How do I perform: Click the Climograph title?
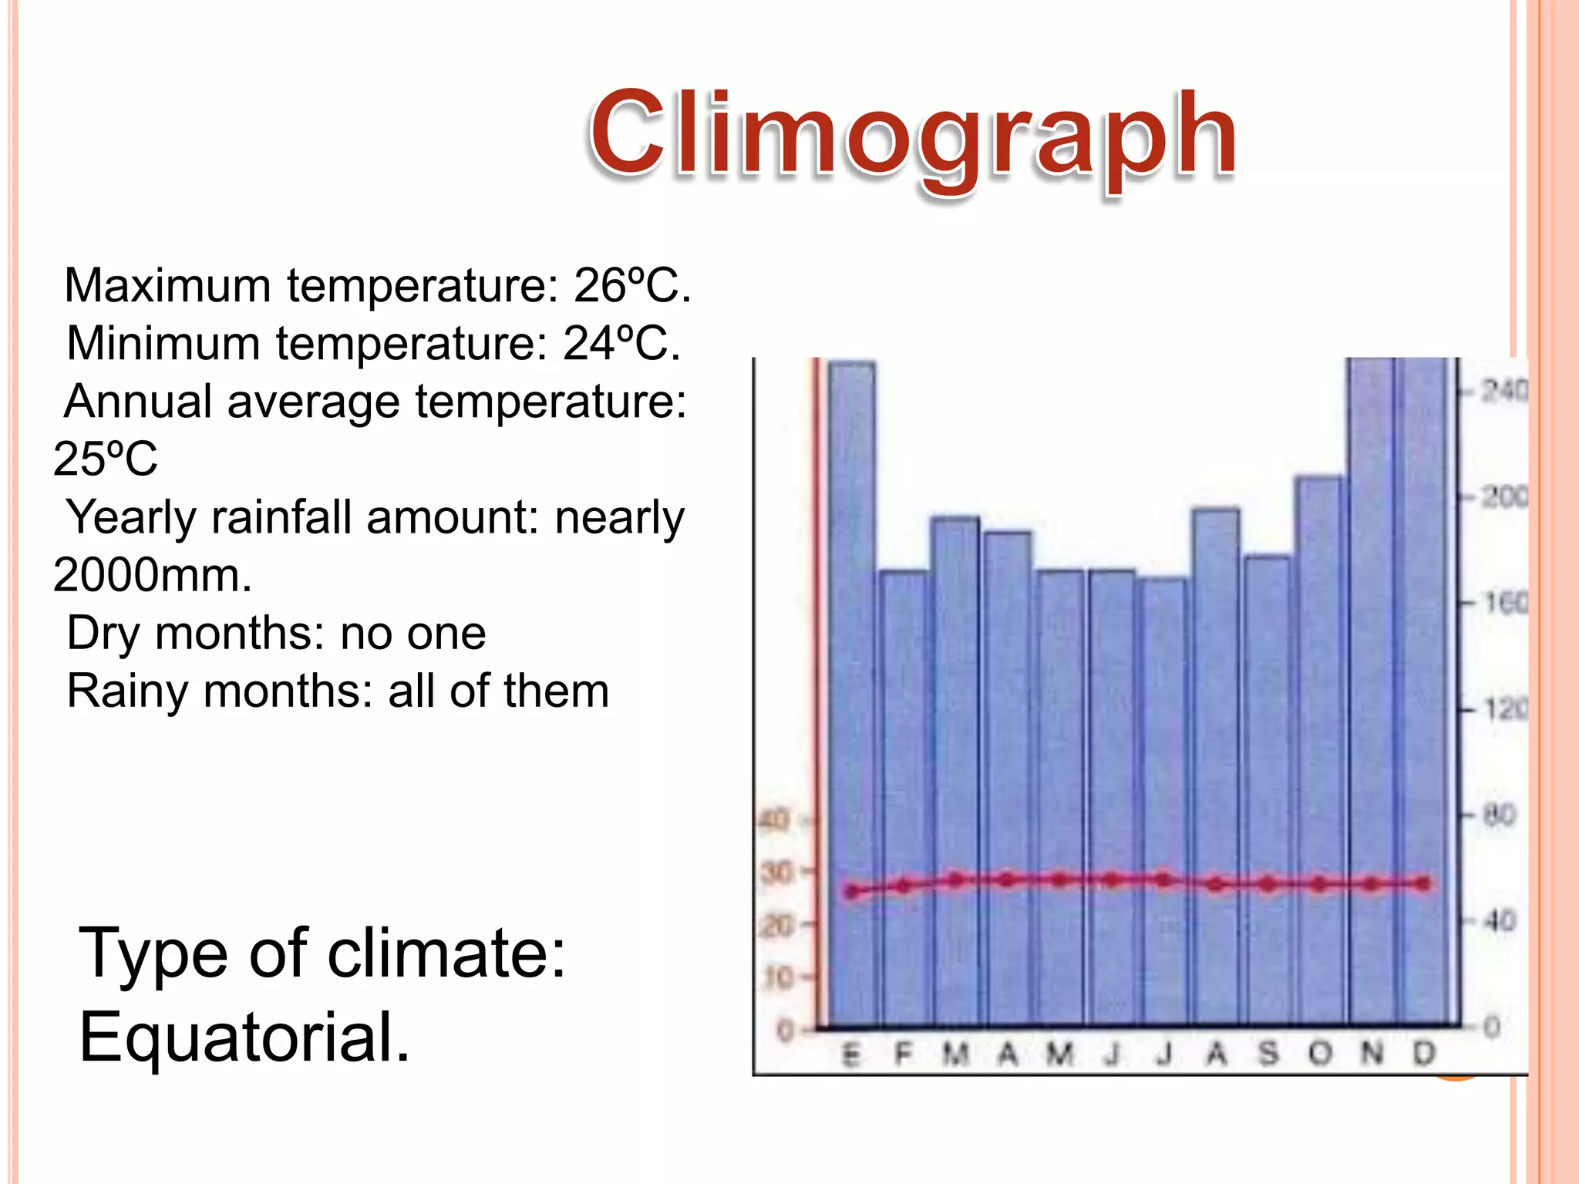pos(914,135)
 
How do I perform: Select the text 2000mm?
pos(152,575)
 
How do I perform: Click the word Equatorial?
pos(244,1038)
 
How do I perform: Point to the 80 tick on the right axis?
pos(1499,815)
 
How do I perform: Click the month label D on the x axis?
pos(1424,1053)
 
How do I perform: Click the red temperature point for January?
pos(851,892)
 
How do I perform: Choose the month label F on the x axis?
pos(903,1053)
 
